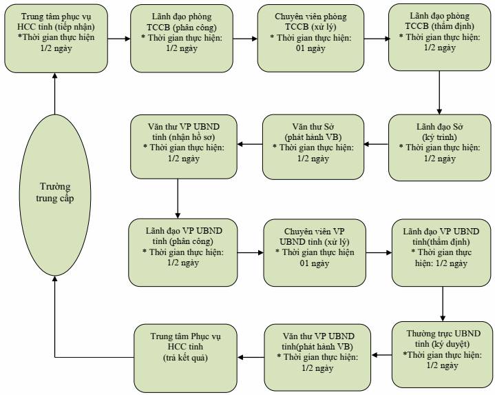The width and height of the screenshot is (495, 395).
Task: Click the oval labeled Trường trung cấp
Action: (55, 195)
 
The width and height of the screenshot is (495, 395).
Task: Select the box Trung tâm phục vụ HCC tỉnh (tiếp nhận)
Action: (56, 38)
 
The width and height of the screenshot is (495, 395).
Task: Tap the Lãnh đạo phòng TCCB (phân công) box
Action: (182, 38)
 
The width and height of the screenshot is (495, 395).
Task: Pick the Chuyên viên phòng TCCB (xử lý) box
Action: (310, 38)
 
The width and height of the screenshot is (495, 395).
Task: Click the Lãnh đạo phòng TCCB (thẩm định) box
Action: (439, 37)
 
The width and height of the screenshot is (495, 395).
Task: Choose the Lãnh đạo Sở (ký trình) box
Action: (439, 148)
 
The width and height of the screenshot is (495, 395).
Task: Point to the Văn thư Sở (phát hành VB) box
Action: (313, 147)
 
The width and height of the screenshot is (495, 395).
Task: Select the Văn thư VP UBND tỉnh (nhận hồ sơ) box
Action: (184, 147)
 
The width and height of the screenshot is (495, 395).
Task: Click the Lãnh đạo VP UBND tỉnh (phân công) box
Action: (182, 252)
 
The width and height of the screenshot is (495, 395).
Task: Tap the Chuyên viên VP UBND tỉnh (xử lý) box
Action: (315, 253)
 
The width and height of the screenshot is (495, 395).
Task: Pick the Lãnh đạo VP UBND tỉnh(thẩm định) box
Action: (441, 253)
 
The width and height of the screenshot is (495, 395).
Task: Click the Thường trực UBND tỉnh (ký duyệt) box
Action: (442, 354)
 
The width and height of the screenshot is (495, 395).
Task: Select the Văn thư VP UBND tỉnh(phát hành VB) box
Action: (317, 357)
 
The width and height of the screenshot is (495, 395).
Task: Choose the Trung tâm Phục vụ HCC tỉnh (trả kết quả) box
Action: (186, 358)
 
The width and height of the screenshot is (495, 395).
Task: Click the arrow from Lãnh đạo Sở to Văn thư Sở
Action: (376, 144)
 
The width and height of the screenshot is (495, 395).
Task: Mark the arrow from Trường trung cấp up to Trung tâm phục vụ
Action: (55, 94)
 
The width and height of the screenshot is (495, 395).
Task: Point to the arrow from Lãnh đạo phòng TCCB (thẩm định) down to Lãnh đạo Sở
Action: (439, 92)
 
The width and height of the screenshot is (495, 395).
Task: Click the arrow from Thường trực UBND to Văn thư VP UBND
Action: (381, 355)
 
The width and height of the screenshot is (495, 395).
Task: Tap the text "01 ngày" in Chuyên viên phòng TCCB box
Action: (310, 48)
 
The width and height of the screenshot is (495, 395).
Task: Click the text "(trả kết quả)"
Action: (185, 357)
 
